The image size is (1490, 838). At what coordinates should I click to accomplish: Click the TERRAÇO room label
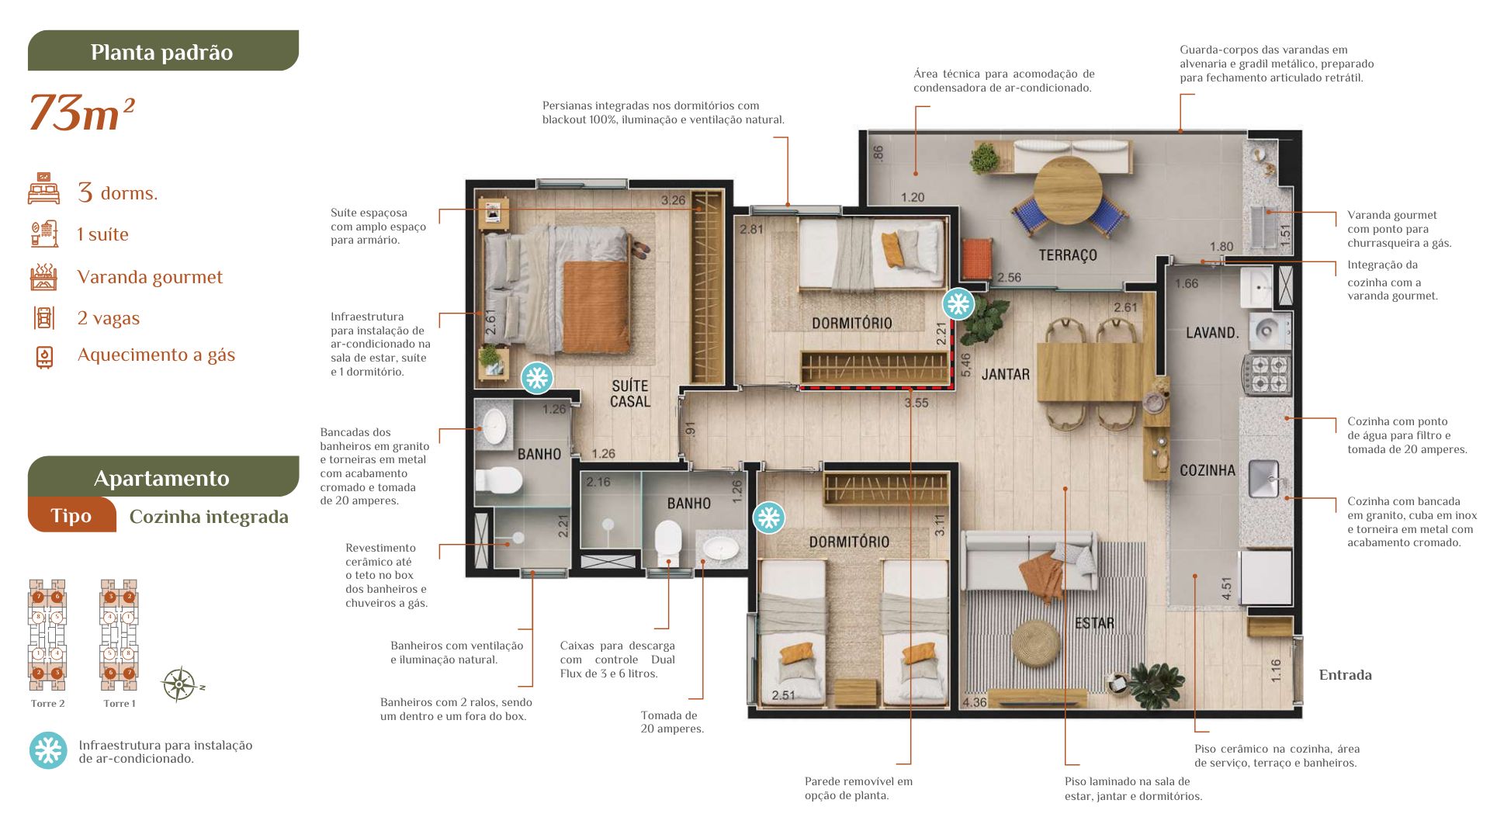coord(1068,255)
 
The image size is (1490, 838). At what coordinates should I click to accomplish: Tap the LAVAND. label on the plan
coord(1212,333)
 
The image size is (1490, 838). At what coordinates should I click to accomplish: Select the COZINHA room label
coord(1208,470)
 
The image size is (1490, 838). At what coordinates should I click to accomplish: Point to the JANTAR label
coord(1006,375)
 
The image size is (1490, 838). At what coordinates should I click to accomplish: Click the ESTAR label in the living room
coord(1094,623)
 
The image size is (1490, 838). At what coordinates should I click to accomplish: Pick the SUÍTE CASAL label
coord(630,393)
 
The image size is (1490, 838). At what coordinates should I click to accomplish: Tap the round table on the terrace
coord(1068,190)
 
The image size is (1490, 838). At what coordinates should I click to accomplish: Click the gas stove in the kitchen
coord(1266,373)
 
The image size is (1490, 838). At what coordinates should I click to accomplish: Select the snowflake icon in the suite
coord(537,378)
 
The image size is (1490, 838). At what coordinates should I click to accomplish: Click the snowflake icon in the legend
coord(48,750)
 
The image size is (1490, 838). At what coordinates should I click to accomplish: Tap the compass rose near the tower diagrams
coord(179,684)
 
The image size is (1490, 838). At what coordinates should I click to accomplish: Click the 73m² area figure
coord(82,113)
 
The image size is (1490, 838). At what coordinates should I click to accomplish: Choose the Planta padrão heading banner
coord(163,50)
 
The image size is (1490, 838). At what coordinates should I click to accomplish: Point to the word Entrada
coord(1345,675)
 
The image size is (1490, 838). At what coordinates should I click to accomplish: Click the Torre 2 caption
coord(47,704)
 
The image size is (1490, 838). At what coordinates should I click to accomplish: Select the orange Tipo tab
coord(71,515)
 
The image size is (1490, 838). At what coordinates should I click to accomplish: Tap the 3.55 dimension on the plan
coord(916,403)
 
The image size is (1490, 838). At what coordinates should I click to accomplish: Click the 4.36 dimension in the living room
coord(975,702)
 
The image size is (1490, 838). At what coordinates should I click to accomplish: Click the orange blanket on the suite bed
coord(596,306)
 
